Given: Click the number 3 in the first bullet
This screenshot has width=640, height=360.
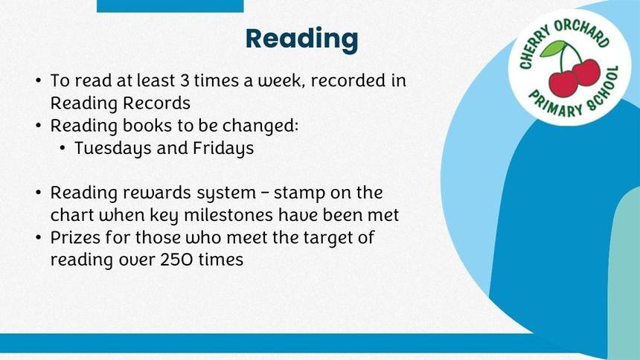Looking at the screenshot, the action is click(185, 80).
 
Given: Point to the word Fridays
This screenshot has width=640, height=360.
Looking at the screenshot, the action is click(223, 149).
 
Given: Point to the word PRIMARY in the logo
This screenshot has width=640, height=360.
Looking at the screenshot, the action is click(555, 105).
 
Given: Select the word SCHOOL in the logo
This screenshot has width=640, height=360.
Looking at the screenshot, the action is click(604, 90).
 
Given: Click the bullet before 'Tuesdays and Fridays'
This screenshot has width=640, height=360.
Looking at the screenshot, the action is click(62, 149).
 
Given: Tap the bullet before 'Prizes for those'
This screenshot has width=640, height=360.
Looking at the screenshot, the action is click(39, 237).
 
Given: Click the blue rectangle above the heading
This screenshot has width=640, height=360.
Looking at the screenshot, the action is click(170, 6).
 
